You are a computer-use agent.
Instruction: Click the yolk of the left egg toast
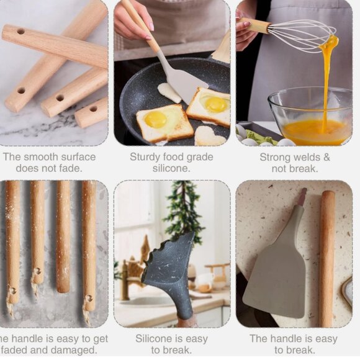[156, 119]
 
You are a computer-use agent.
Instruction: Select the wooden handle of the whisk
[256, 25]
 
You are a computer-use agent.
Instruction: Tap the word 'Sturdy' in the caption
[146, 157]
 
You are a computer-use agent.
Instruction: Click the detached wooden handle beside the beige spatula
[327, 258]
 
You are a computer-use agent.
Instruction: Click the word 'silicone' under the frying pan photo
[171, 169]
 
